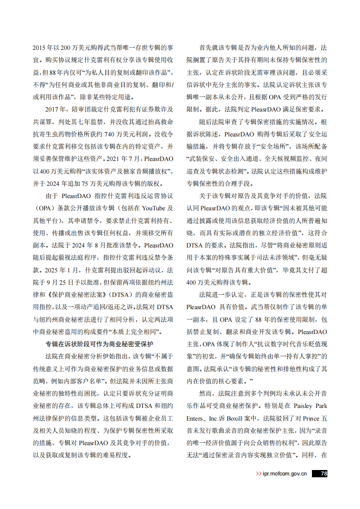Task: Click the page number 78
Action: (x=323, y=474)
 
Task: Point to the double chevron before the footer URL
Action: (x=258, y=474)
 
